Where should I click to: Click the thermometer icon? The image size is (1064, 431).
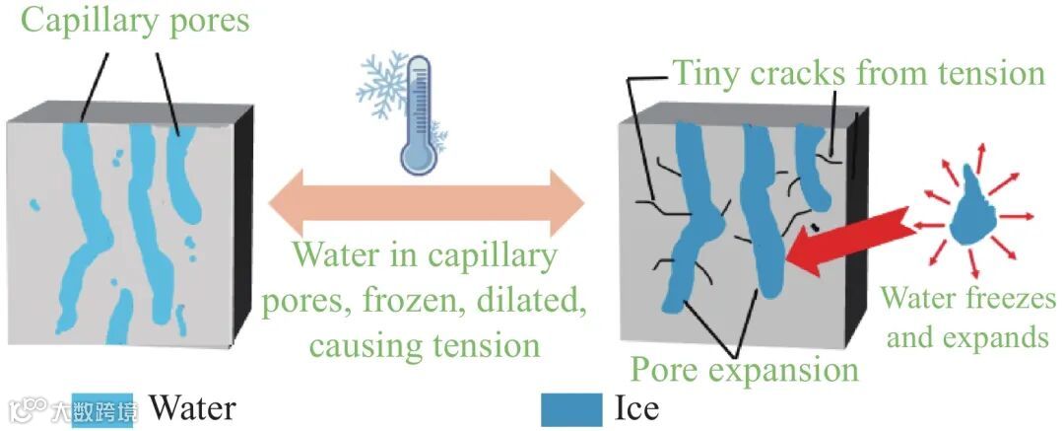coord(417,113)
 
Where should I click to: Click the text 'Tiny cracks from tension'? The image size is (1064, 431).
coord(857,72)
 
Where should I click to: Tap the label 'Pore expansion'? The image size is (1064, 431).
coord(744,371)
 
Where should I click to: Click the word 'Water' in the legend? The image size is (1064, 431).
coord(192,406)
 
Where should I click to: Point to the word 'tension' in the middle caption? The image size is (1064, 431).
coord(483,345)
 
